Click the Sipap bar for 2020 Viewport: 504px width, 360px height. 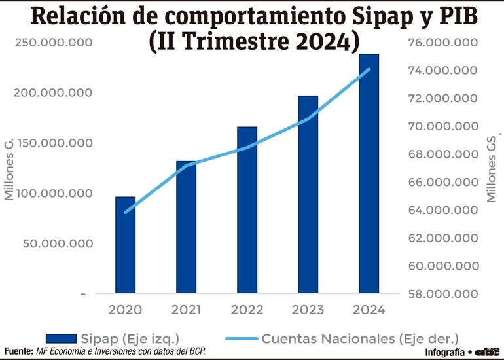click(x=126, y=245)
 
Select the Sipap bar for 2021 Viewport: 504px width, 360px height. click(x=186, y=226)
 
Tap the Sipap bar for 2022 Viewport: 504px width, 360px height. click(x=247, y=209)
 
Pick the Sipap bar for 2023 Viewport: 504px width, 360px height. click(x=308, y=194)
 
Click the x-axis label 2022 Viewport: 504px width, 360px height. click(x=247, y=309)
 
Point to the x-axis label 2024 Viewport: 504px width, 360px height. click(x=369, y=309)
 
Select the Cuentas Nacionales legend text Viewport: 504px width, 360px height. click(x=360, y=338)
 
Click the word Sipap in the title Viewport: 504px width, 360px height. click(x=366, y=16)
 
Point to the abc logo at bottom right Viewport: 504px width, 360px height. click(x=488, y=352)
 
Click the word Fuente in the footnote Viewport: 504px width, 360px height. click(x=18, y=352)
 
